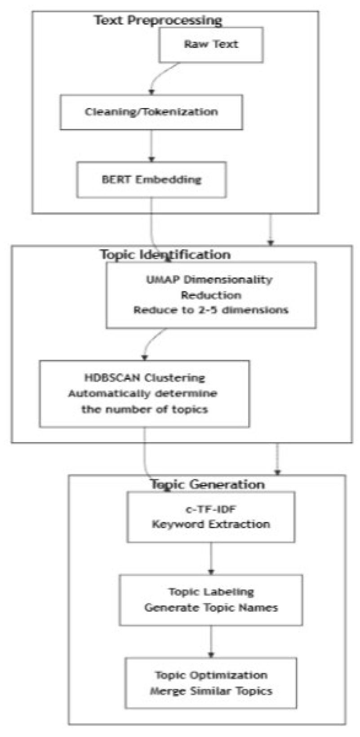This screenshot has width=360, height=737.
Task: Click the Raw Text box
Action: pos(211,45)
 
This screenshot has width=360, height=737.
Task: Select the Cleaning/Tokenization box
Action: pos(151,112)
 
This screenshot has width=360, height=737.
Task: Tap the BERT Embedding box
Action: pos(151,179)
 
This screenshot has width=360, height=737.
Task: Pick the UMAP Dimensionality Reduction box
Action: pos(211,295)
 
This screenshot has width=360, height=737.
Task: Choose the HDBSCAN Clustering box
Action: pos(144,393)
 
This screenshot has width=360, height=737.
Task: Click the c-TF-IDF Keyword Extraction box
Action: pos(211,517)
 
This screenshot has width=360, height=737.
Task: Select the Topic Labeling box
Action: pos(211,599)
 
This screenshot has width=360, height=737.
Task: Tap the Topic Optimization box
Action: pos(211,683)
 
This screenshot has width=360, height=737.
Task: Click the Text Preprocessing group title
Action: pos(158,20)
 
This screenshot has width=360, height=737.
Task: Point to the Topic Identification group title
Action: pos(165,255)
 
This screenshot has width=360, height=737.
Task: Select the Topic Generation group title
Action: pos(207,484)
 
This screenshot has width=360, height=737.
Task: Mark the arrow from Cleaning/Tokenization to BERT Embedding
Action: pos(151,146)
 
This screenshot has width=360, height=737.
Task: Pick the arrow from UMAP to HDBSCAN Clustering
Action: pos(151,343)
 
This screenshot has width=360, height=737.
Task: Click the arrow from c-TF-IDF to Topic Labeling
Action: pos(211,558)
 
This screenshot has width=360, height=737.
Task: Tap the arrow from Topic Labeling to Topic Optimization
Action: pos(211,641)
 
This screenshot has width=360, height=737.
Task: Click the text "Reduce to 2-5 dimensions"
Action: pos(211,310)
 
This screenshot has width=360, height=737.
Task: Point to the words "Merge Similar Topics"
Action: pos(211,691)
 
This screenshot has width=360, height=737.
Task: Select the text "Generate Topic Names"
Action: pos(211,607)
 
